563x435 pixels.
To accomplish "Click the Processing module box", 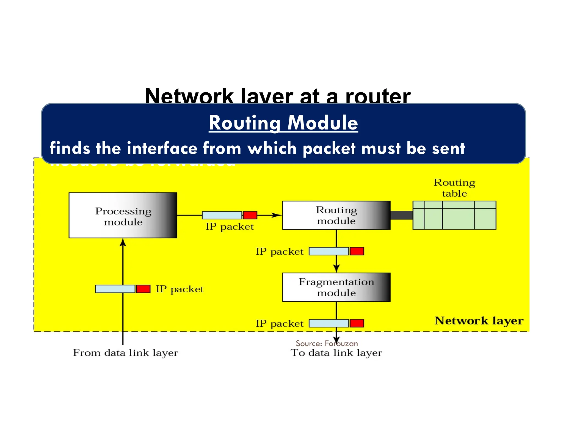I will pos(123,215).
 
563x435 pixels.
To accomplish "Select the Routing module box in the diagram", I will pos(336,215).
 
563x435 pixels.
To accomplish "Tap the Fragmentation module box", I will pos(336,287).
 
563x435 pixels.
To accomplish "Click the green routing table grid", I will pos(454,215).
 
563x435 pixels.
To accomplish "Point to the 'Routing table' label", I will pos(454,188).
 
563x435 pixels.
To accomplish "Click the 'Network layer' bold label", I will pos(479,321).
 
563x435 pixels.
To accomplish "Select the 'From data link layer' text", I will pos(125,353).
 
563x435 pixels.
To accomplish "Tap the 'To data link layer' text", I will pos(336,353).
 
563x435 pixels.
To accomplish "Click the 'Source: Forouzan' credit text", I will pos(327,343).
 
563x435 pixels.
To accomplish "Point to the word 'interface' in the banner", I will pos(162,148).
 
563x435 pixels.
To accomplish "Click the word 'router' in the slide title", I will pos(378,96).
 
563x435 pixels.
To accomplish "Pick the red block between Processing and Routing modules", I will pos(250,215).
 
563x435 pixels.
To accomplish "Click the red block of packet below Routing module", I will pos(357,251).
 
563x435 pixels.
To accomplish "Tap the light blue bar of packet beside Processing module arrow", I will pos(115,289).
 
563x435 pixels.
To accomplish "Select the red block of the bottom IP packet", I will pos(357,323).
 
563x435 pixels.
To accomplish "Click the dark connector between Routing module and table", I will pos(401,215).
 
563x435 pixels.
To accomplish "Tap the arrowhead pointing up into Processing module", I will pos(123,243).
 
